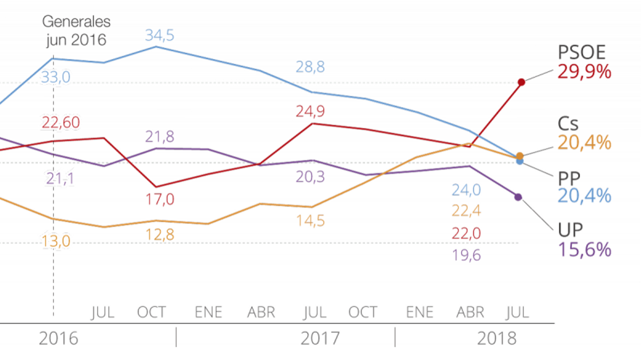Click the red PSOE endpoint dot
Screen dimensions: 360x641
pyautogui.click(x=522, y=82)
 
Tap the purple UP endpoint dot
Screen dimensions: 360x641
pyautogui.click(x=518, y=197)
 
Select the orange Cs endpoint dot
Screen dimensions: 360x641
pyautogui.click(x=520, y=155)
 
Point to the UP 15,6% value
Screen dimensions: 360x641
pyautogui.click(x=584, y=249)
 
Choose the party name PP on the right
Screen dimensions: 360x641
pyautogui.click(x=569, y=177)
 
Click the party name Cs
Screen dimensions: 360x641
pyautogui.click(x=568, y=124)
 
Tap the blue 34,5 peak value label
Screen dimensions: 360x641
pyautogui.click(x=159, y=36)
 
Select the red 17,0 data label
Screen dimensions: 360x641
pyautogui.click(x=159, y=200)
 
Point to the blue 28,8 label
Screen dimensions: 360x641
pyautogui.click(x=310, y=67)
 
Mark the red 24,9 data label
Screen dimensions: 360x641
pyautogui.click(x=310, y=112)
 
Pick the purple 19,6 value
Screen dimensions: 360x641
pyautogui.click(x=466, y=255)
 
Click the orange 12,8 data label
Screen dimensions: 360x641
pyautogui.click(x=159, y=234)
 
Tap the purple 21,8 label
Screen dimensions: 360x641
pyautogui.click(x=159, y=137)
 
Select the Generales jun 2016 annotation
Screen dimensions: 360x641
pyautogui.click(x=76, y=30)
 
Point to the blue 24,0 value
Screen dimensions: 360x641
pyautogui.click(x=466, y=190)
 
